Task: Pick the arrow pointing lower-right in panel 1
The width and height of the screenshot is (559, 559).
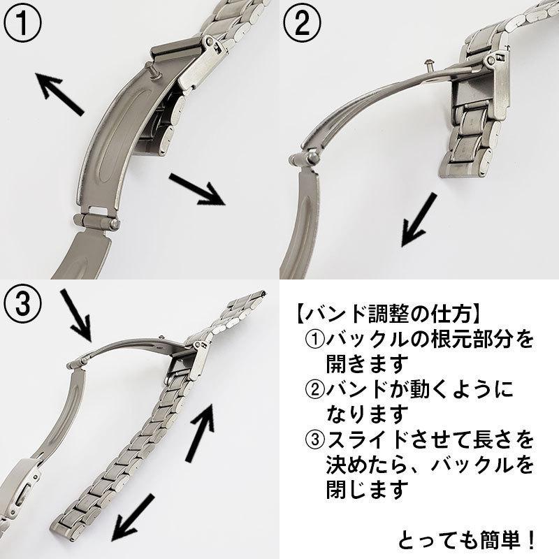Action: [198, 190]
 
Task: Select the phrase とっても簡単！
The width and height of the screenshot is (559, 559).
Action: [467, 539]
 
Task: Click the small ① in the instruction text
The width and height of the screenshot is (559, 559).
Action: [315, 339]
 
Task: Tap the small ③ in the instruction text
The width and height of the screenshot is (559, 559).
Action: [315, 440]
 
